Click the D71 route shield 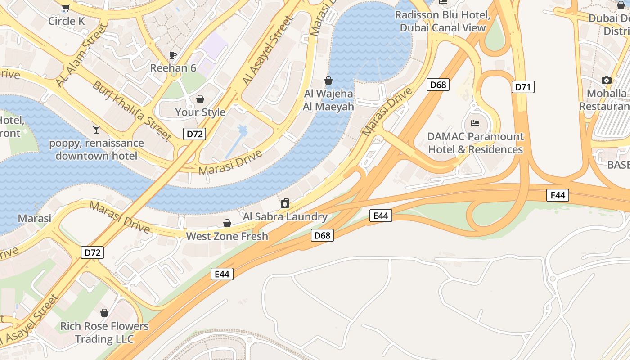(x=522, y=87)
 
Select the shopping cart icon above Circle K (x=66, y=7)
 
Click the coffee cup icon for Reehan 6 (x=173, y=55)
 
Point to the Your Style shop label (x=200, y=112)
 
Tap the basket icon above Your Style (x=200, y=99)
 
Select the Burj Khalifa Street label (x=132, y=111)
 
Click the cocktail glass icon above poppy (x=96, y=130)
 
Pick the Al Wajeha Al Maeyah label (x=328, y=100)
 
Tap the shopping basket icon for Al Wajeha (x=328, y=81)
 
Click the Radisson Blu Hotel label (x=443, y=21)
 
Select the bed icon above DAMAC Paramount (x=475, y=123)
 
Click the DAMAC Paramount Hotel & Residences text (x=475, y=143)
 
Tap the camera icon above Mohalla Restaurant (x=607, y=81)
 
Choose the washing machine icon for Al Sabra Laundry (x=285, y=203)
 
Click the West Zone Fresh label (x=227, y=236)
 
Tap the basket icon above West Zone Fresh (x=227, y=223)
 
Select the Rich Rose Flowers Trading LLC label (x=104, y=333)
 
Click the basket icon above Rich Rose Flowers (x=104, y=312)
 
